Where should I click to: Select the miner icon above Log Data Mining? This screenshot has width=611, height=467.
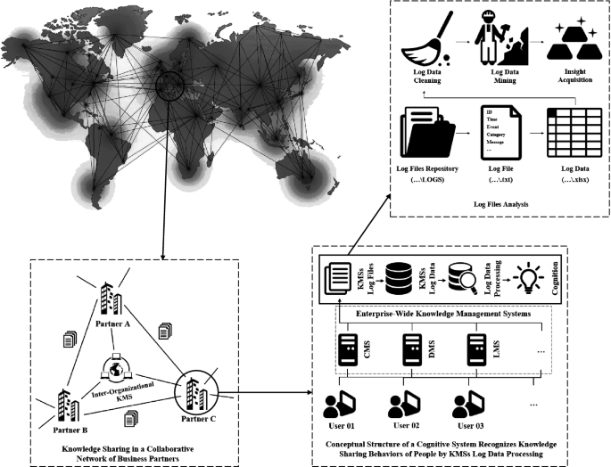(500, 39)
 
